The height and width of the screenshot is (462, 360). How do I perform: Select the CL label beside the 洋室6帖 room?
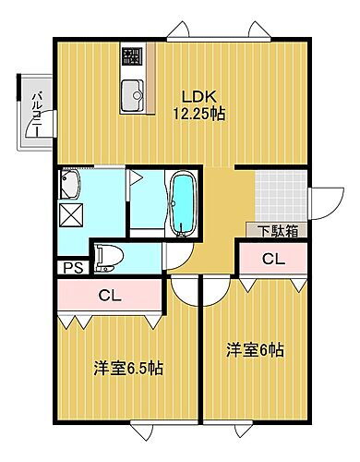[x=273, y=259]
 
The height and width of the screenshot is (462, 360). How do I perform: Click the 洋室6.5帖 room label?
[x=128, y=368]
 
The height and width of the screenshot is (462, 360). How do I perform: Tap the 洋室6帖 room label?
[x=256, y=350]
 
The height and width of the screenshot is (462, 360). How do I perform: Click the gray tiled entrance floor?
[x=279, y=195]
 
